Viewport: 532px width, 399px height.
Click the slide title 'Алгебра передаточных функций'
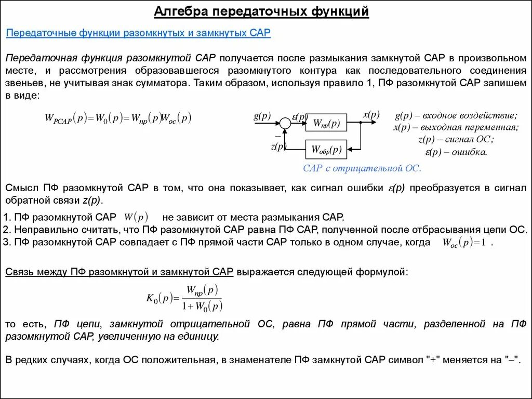pyautogui.click(x=261, y=12)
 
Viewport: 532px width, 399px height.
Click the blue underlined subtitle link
pyautogui.click(x=138, y=33)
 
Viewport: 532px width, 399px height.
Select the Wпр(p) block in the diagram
pyautogui.click(x=326, y=124)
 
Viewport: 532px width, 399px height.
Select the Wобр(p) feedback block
pyautogui.click(x=326, y=150)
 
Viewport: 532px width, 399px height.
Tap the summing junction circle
pyautogui.click(x=285, y=123)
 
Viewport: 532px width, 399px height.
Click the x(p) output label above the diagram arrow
pyautogui.click(x=371, y=115)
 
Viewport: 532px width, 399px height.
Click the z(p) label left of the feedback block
pyautogui.click(x=278, y=147)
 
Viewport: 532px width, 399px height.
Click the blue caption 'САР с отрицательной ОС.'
pyautogui.click(x=362, y=168)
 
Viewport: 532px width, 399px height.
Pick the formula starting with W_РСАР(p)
pyautogui.click(x=118, y=118)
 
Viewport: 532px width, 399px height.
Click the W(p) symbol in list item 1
pyautogui.click(x=137, y=216)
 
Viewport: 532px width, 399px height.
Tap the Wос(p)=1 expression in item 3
pyautogui.click(x=463, y=242)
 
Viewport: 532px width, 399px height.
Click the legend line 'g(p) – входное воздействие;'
pyautogui.click(x=456, y=115)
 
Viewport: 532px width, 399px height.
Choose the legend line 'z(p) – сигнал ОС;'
pyautogui.click(x=456, y=139)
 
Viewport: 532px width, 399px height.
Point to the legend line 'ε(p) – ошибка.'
pyautogui.click(x=456, y=152)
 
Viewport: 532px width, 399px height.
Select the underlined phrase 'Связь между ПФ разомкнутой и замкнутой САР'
pyautogui.click(x=119, y=271)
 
